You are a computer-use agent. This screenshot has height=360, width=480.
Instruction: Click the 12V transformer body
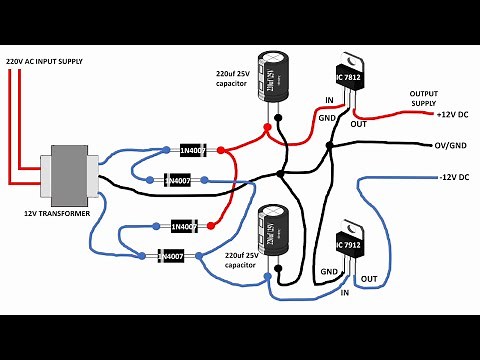(x=69, y=173)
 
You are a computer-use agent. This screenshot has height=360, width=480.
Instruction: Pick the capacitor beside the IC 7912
(x=272, y=232)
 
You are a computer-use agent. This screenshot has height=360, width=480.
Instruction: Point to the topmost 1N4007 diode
(x=193, y=150)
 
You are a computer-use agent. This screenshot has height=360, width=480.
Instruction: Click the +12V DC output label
(x=455, y=114)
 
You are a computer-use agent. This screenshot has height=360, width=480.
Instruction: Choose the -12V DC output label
(x=456, y=177)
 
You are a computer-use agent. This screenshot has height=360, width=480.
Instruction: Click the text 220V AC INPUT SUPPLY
(x=57, y=62)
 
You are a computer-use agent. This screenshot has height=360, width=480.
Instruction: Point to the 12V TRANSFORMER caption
(x=59, y=214)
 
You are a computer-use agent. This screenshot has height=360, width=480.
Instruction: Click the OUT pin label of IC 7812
(x=359, y=125)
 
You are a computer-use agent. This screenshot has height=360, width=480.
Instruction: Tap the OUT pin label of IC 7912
(x=369, y=278)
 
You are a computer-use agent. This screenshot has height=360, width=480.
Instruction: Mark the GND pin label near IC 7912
(x=328, y=271)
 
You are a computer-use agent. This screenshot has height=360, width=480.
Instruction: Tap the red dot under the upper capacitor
(x=266, y=128)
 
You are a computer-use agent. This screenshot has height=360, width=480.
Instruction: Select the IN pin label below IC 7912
(x=345, y=293)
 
